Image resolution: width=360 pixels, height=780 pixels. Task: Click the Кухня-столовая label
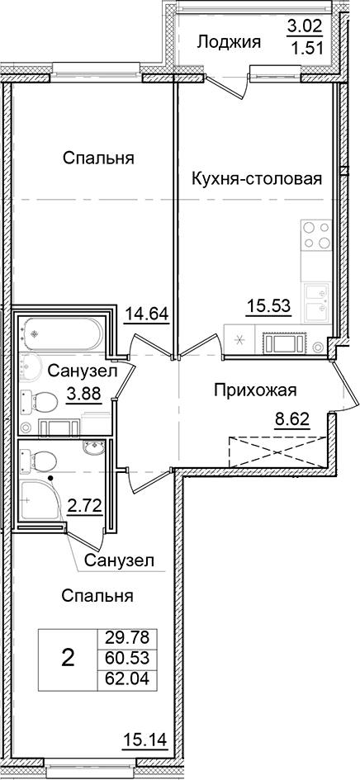click(x=256, y=178)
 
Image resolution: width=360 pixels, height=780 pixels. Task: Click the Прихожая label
click(x=254, y=390)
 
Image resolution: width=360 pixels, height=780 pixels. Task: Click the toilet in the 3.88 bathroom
click(x=41, y=402)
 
